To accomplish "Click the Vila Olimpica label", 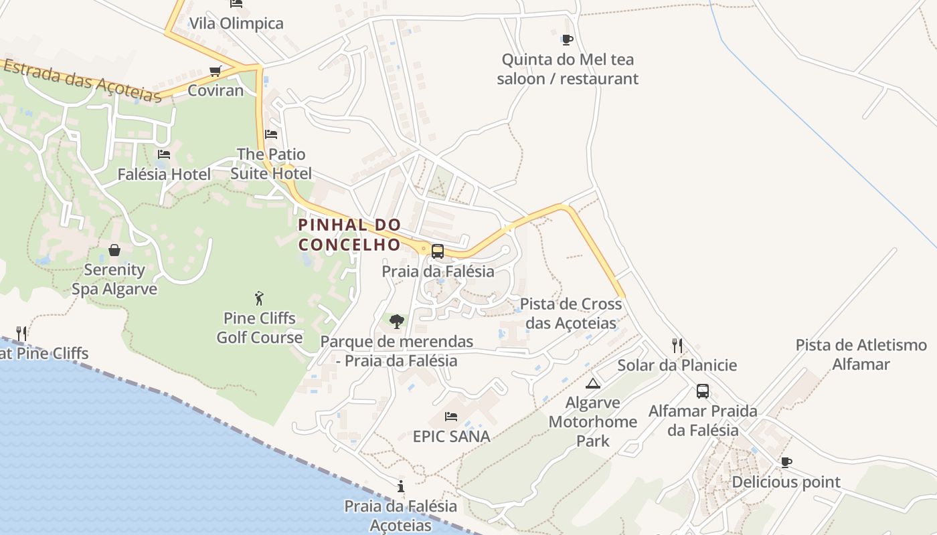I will click(x=236, y=23).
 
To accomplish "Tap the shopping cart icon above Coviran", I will click(x=215, y=71).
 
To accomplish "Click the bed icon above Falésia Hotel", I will click(x=163, y=154).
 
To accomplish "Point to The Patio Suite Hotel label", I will click(x=271, y=164).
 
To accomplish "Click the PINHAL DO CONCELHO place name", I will click(x=349, y=235).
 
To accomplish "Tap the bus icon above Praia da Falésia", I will click(x=438, y=251).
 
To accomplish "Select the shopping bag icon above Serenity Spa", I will click(x=114, y=250).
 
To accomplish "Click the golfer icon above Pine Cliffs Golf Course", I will click(x=259, y=298).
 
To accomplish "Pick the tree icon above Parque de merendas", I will click(x=397, y=322).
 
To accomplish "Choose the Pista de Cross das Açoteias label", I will click(x=571, y=314).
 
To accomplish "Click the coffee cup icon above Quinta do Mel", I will click(x=568, y=39).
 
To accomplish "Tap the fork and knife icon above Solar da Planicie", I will click(x=677, y=346).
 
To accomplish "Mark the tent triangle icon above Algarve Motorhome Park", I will click(x=592, y=383).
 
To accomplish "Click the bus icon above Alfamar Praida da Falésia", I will click(x=703, y=391).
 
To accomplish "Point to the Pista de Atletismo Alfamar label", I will click(x=861, y=354).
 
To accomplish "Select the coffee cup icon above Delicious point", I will click(x=786, y=462).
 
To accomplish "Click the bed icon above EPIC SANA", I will click(x=451, y=417).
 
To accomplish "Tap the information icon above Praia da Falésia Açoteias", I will click(x=400, y=486).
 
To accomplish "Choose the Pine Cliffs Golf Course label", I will click(x=260, y=328).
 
